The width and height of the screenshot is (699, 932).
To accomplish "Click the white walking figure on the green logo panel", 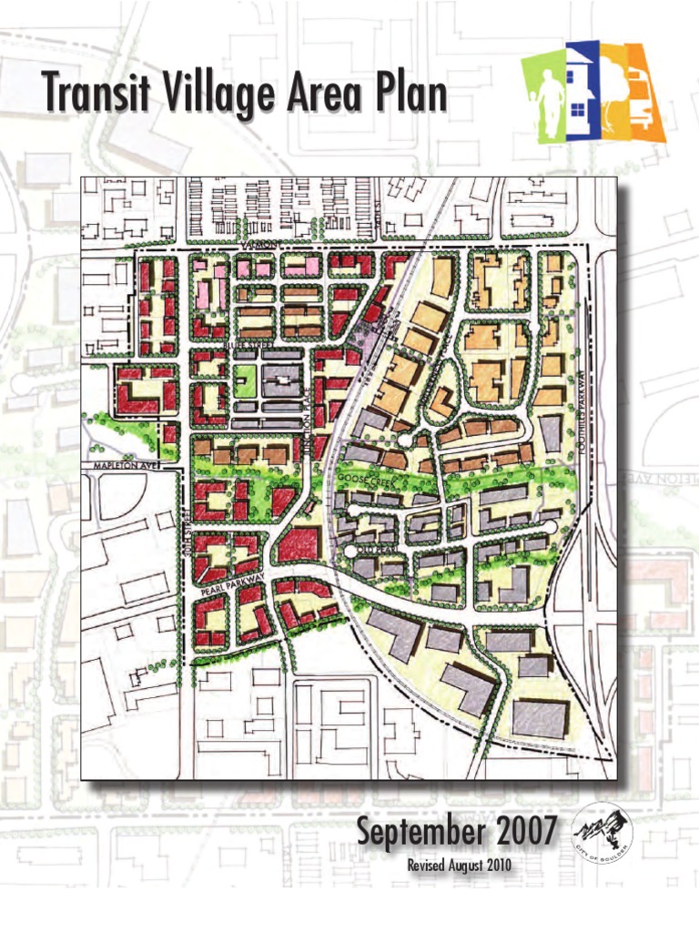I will tap(549, 101).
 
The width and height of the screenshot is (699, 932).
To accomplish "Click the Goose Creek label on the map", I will tap(364, 478).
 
